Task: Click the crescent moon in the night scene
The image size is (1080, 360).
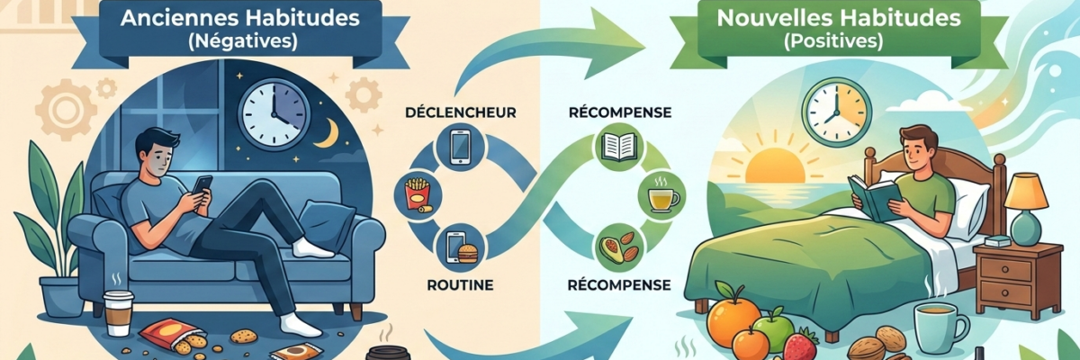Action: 329,135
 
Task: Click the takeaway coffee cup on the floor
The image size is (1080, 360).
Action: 118,312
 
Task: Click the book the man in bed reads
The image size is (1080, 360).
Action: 874,194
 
